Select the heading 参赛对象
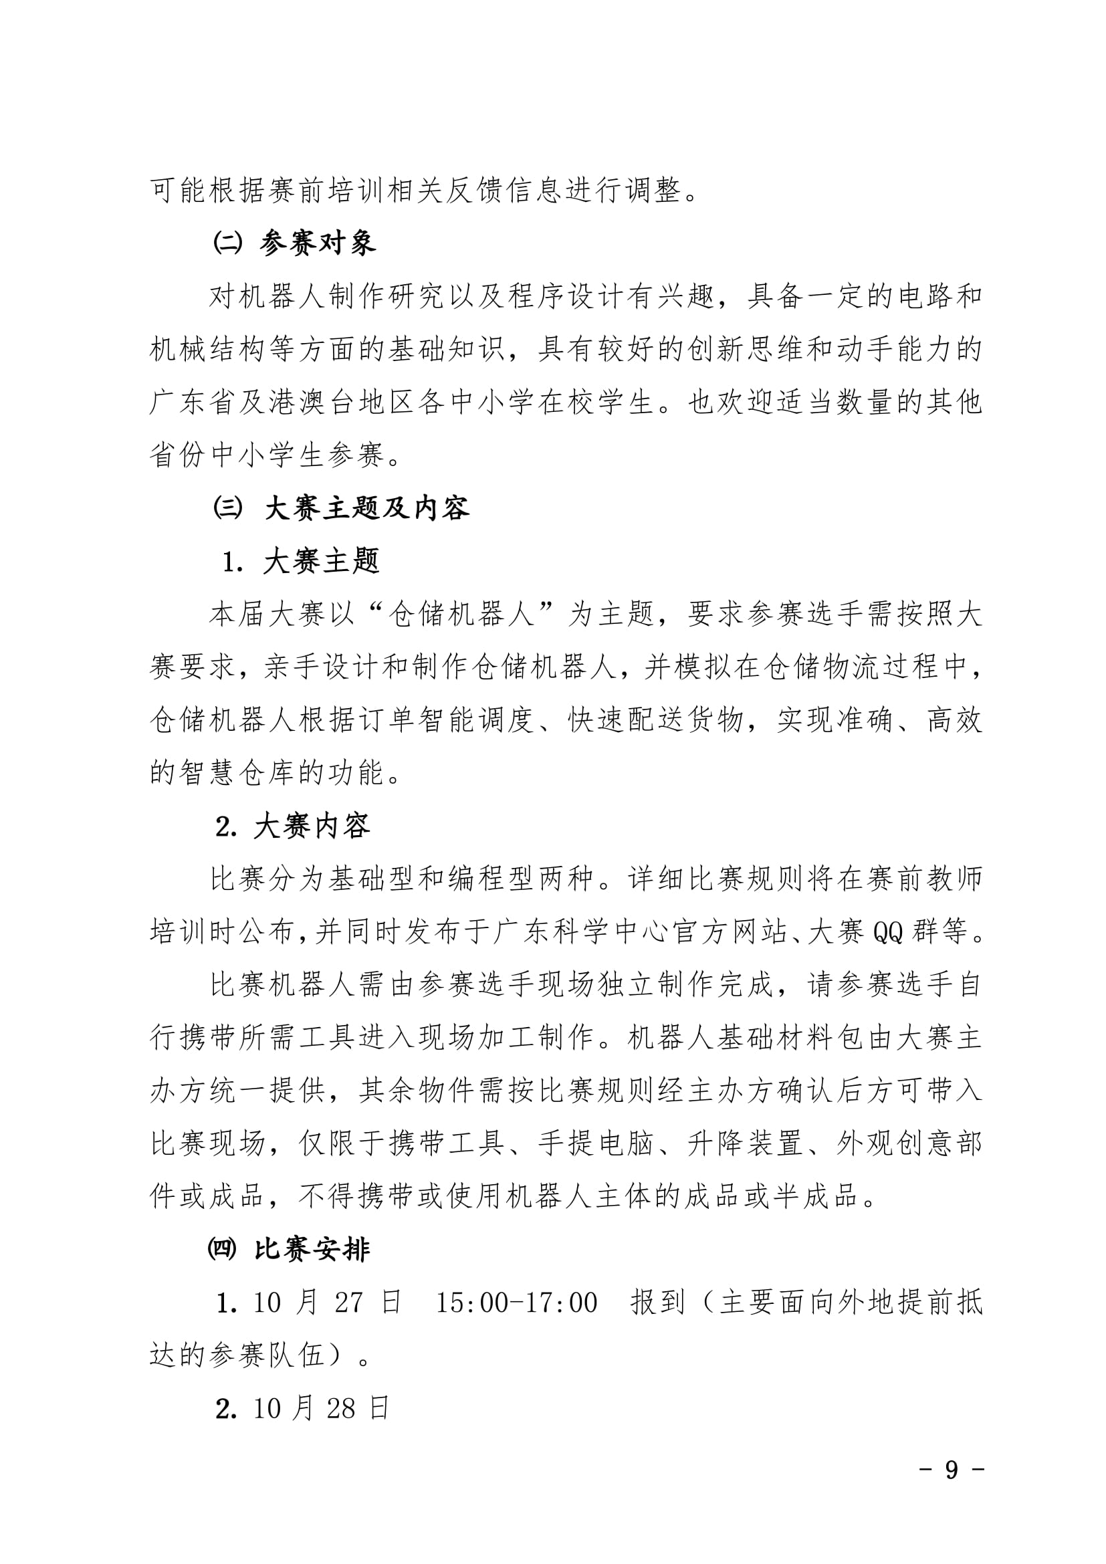point(318,243)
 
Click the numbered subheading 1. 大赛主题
point(302,561)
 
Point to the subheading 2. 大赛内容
point(294,826)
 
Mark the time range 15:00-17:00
point(517,1303)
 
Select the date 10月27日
point(327,1303)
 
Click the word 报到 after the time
point(657,1303)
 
